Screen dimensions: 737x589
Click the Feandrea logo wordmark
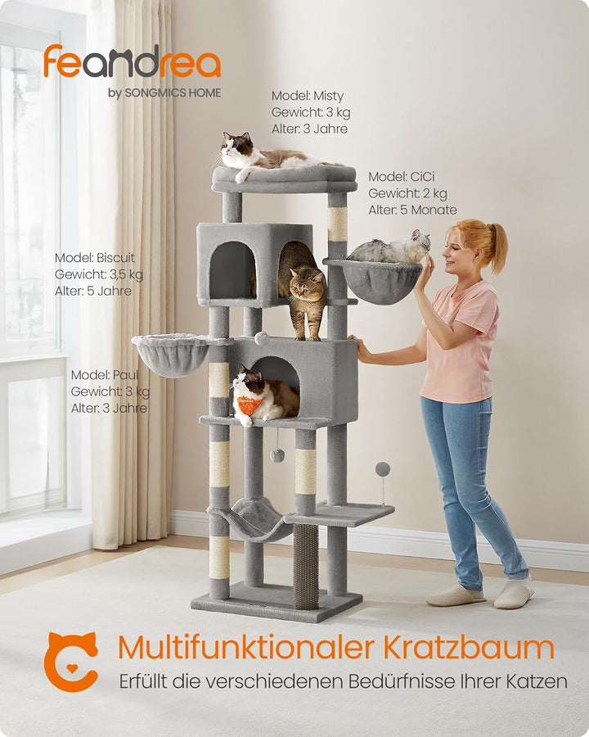(x=132, y=63)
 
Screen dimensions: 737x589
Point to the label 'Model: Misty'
(x=308, y=96)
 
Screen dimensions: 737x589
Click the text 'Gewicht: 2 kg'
(x=407, y=193)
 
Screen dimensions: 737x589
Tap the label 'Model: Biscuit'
(x=95, y=258)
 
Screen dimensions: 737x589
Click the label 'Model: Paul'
(x=104, y=375)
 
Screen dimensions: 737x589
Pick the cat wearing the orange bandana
(x=262, y=397)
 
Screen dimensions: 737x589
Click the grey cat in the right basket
(x=393, y=249)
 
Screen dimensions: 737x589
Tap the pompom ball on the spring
(x=382, y=469)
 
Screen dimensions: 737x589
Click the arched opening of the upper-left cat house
(x=232, y=270)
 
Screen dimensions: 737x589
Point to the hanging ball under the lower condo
(x=277, y=455)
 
